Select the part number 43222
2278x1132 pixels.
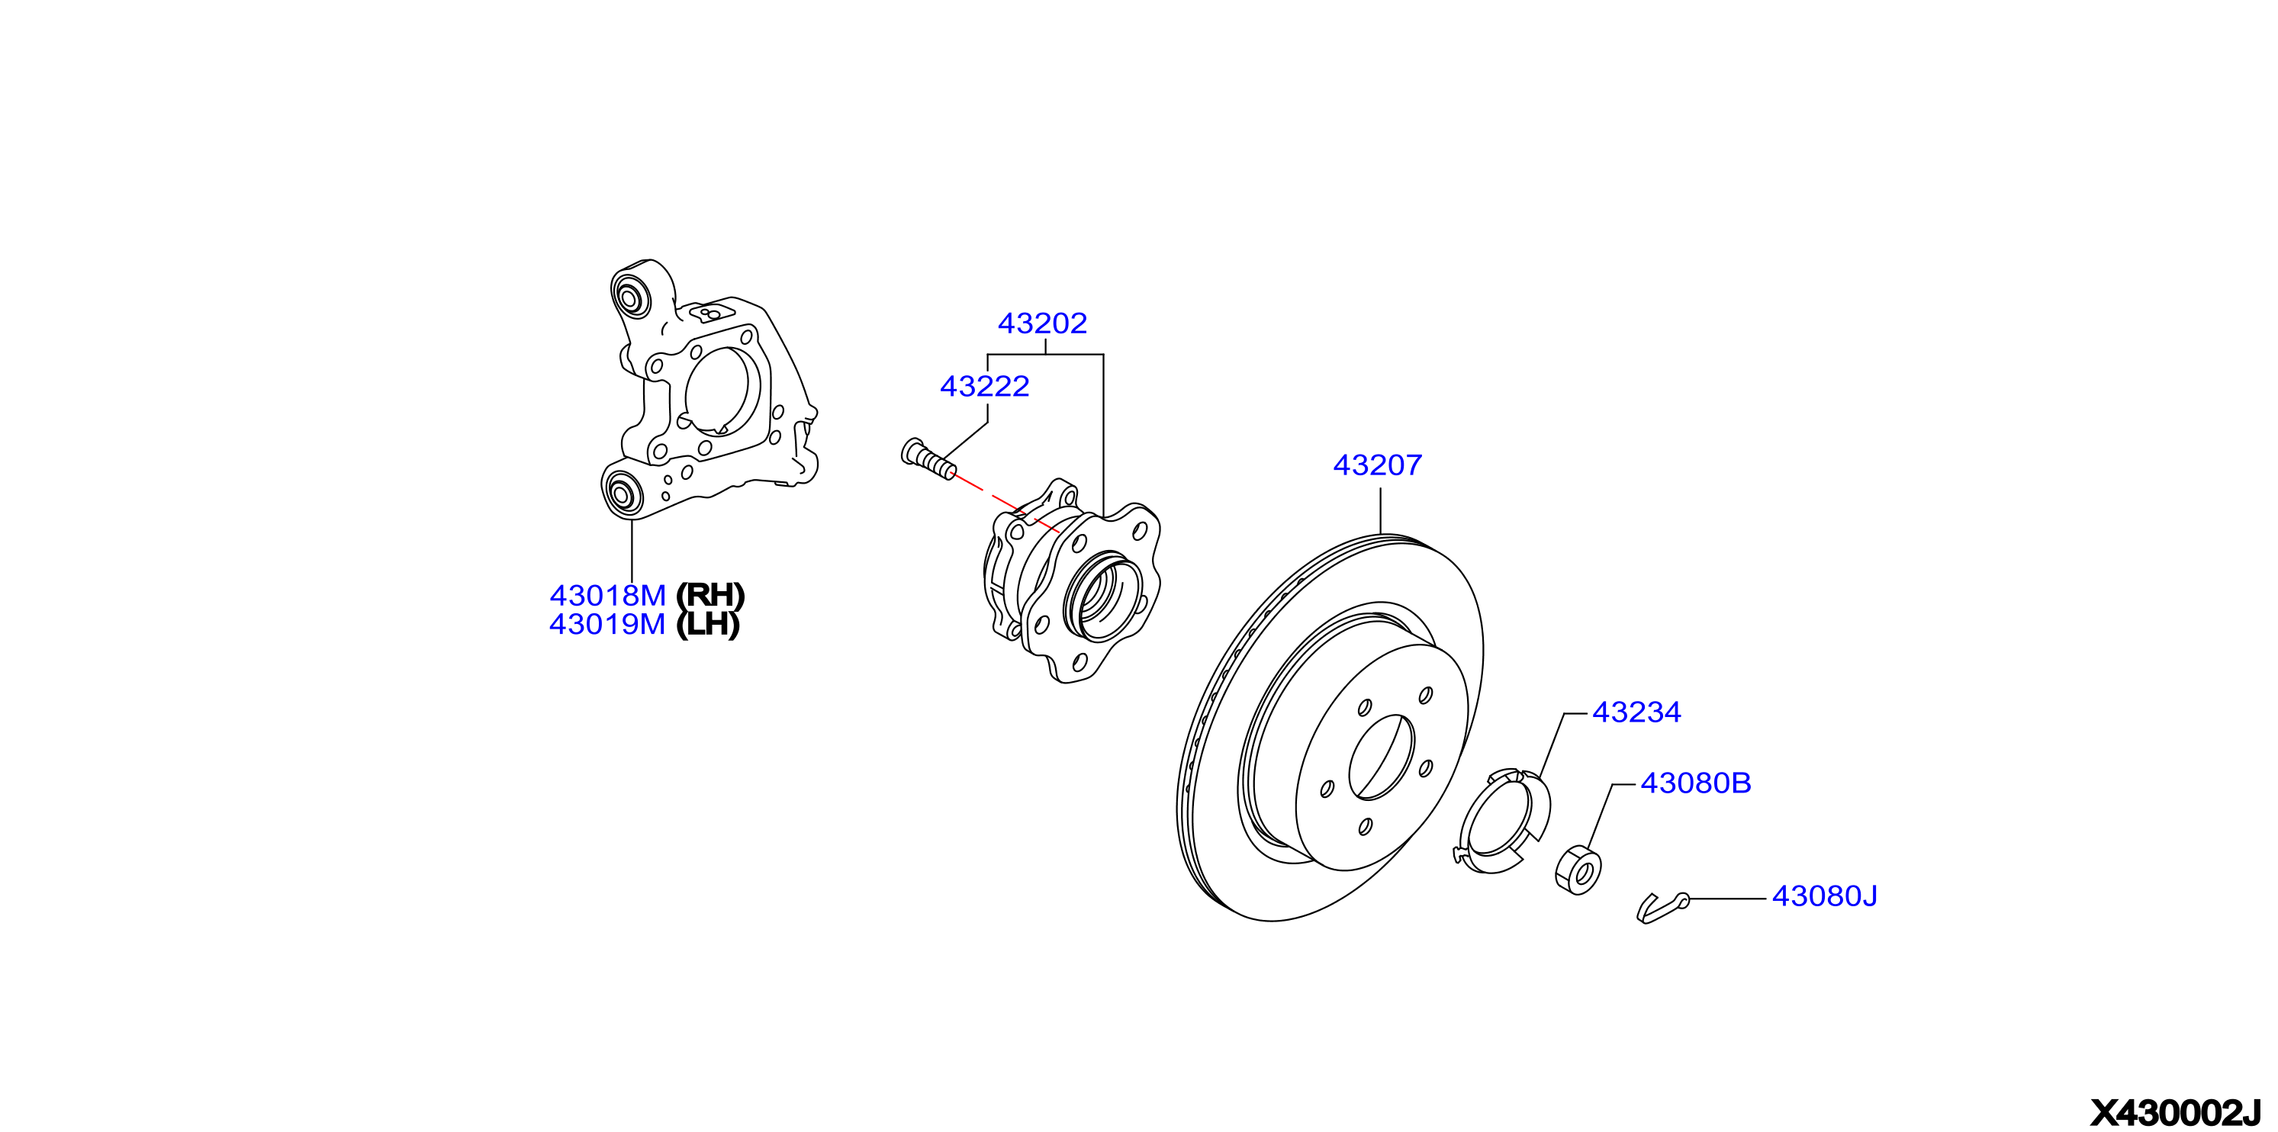984,387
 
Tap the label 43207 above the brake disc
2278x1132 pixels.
1377,465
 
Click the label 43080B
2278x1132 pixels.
1695,783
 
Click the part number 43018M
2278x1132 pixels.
607,595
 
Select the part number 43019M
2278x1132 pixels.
607,625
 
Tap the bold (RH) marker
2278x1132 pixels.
710,596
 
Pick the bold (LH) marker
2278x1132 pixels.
707,625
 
